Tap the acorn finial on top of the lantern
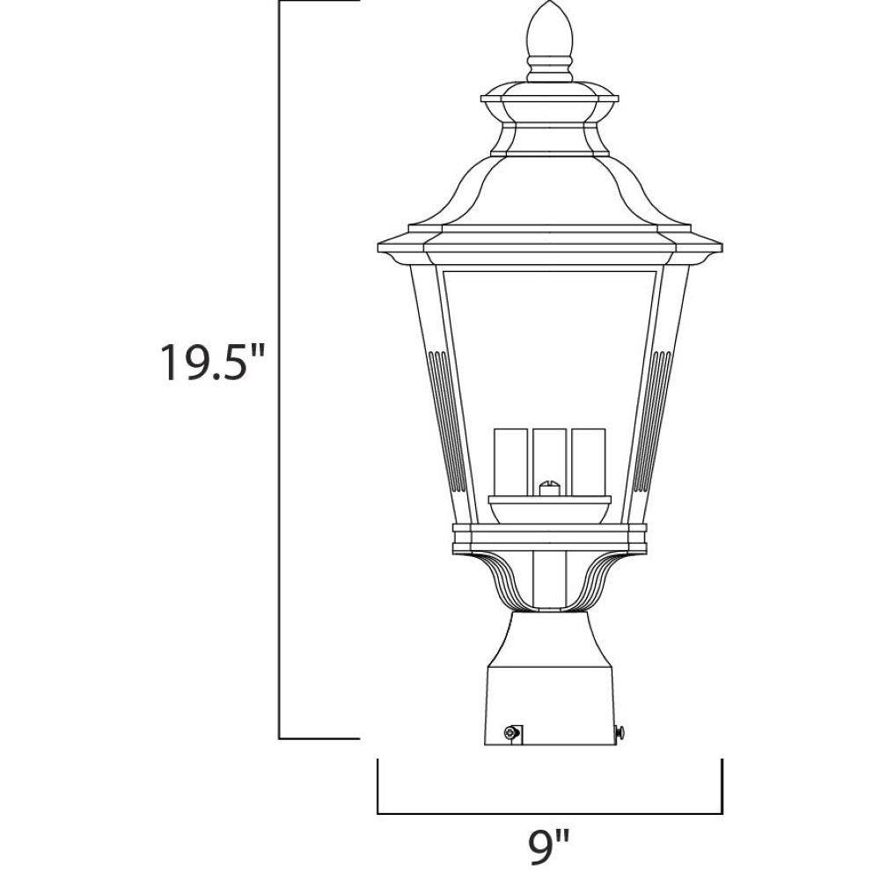point(550,29)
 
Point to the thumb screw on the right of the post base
point(620,731)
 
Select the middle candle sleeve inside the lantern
point(549,461)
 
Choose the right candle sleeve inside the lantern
point(589,461)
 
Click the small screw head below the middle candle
point(549,488)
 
